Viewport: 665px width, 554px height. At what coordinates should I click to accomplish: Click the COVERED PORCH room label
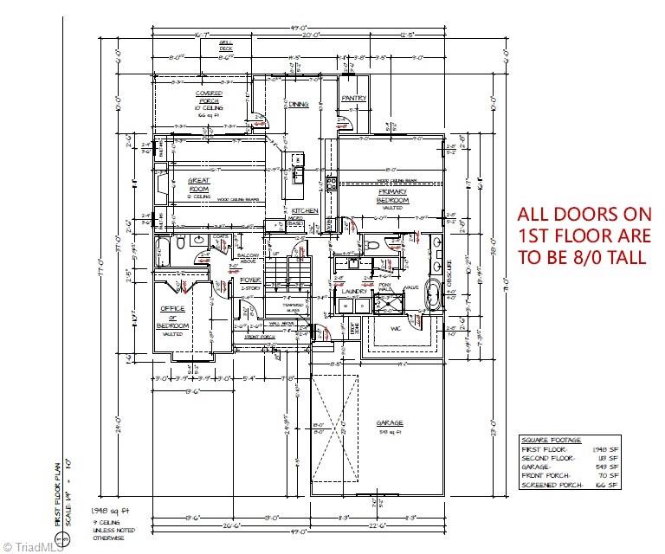[209, 98]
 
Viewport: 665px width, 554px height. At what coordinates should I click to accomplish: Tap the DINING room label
[299, 105]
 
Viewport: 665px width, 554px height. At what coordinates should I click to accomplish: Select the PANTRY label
[353, 99]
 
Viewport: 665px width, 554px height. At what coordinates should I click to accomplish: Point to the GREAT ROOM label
[200, 184]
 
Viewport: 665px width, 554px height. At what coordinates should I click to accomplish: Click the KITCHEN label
[305, 211]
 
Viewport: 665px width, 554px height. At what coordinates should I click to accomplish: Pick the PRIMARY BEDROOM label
[392, 196]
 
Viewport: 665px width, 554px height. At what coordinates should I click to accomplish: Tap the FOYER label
[251, 280]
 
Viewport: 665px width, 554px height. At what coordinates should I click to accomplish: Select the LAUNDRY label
[355, 292]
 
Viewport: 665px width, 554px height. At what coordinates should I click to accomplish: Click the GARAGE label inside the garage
[389, 423]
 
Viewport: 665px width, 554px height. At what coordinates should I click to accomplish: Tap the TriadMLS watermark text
[33, 545]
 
